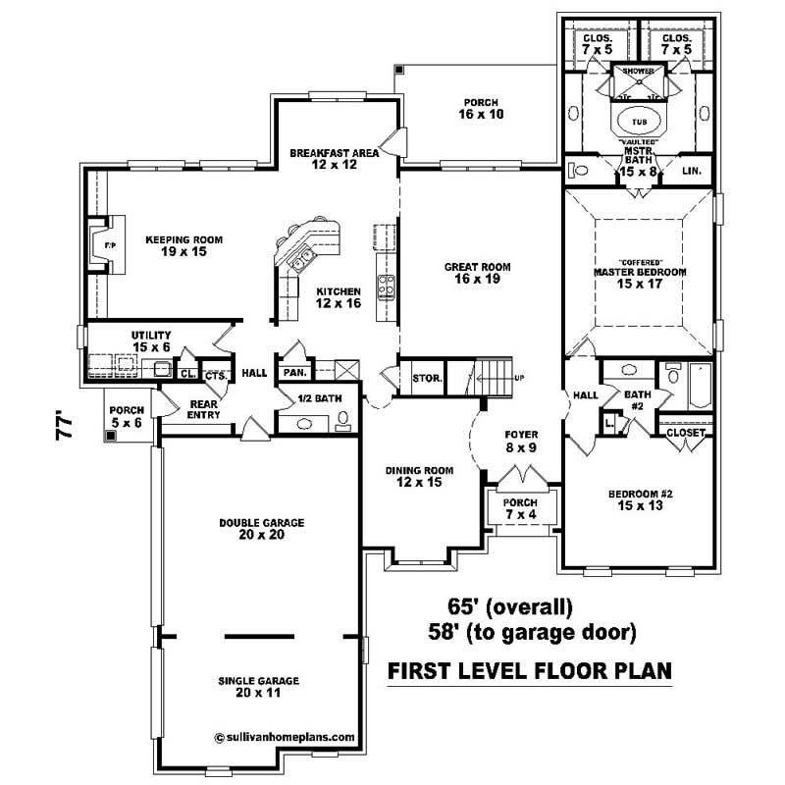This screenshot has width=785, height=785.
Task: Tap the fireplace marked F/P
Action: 98,241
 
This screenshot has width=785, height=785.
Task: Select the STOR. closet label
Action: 427,378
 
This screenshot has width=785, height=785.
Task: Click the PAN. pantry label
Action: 293,373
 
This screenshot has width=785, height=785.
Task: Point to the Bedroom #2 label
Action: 633,500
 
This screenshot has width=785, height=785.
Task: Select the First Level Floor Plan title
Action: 530,671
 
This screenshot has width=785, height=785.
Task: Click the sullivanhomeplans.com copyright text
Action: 277,733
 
